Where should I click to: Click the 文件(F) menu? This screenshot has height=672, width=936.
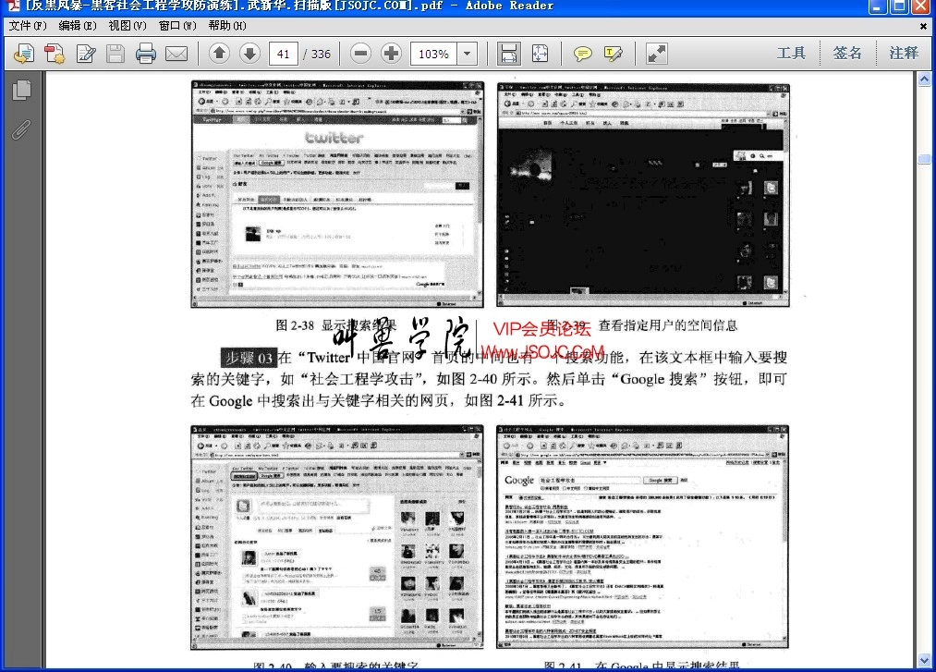[x=28, y=26]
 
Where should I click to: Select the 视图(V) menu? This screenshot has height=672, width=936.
[x=127, y=26]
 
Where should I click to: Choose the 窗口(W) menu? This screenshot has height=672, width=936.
[x=176, y=26]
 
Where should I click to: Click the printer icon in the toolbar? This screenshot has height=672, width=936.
[x=146, y=54]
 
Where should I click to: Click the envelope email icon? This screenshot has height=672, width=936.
[x=176, y=54]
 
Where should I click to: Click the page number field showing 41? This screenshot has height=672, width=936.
[x=283, y=54]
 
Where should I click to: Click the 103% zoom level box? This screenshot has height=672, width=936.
[x=433, y=54]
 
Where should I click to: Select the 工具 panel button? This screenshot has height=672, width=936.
[x=792, y=53]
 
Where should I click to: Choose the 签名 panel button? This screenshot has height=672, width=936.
[x=847, y=53]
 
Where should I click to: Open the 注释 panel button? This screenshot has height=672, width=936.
[x=904, y=53]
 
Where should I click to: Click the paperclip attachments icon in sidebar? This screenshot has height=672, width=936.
[x=21, y=129]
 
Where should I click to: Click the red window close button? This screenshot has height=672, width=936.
[x=921, y=6]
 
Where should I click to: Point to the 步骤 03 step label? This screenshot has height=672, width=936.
[x=249, y=358]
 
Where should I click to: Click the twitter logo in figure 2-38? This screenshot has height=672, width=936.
[x=334, y=138]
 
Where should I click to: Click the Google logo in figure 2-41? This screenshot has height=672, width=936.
[x=519, y=481]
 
